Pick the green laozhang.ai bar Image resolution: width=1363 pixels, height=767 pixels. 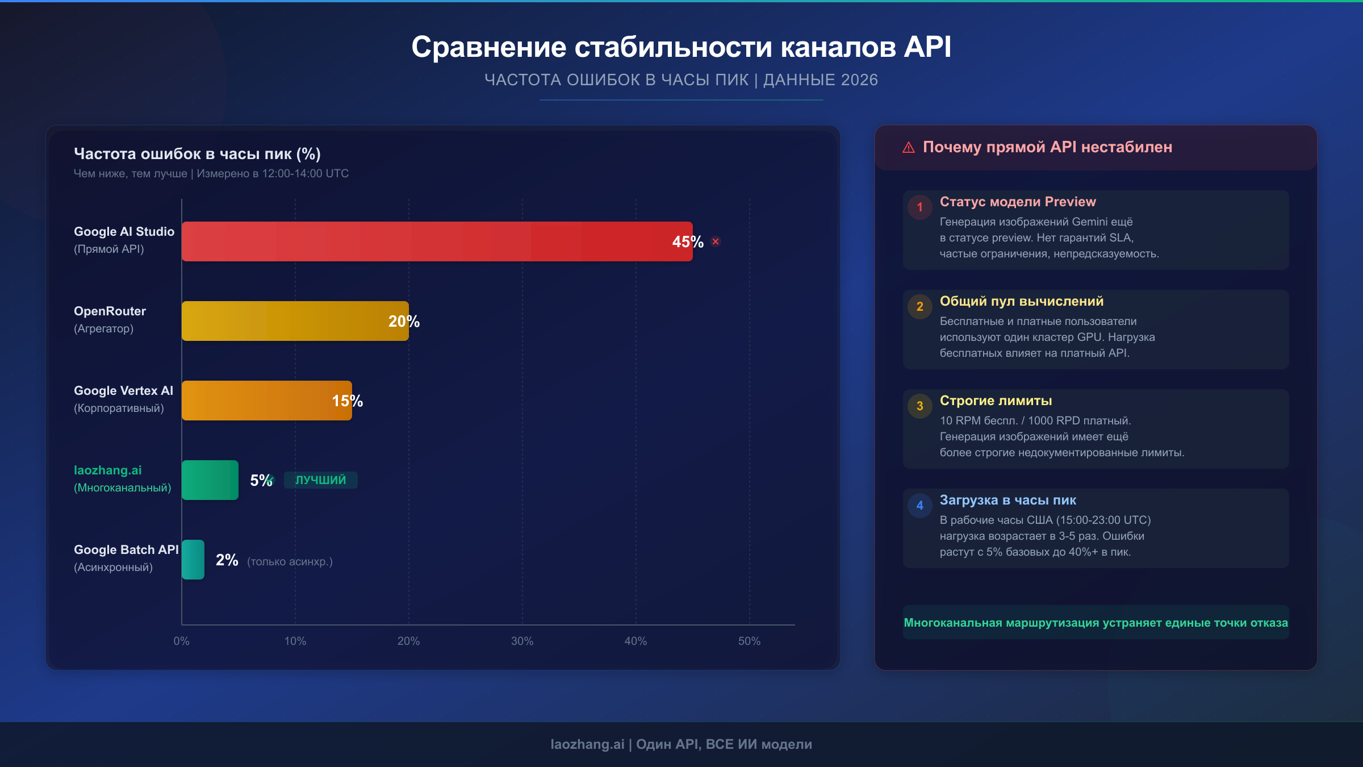click(210, 480)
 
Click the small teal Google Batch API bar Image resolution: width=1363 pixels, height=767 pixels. click(193, 560)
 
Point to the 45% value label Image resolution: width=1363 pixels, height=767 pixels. click(688, 242)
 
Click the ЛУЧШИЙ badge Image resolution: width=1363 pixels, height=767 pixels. click(320, 480)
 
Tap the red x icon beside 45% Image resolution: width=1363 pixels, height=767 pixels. click(716, 241)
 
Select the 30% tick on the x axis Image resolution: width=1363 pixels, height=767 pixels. click(522, 641)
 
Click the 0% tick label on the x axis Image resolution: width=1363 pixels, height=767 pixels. click(181, 641)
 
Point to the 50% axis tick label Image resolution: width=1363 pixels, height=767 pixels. click(749, 641)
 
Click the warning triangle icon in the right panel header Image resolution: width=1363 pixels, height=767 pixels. click(909, 148)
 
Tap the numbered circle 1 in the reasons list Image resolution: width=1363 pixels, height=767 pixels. click(920, 207)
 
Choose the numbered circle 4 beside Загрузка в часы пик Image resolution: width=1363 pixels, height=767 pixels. click(920, 506)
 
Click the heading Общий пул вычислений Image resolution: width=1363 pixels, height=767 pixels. click(1021, 301)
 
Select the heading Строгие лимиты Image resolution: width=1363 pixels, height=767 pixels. click(996, 401)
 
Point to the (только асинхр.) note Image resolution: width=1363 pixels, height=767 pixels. click(290, 561)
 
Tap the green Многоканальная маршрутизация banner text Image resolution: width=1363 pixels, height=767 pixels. click(1096, 623)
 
